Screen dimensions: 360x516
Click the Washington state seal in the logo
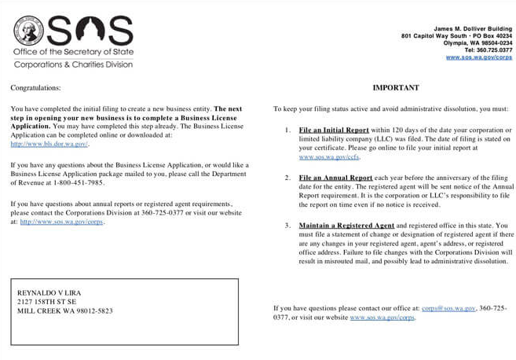coord(28,31)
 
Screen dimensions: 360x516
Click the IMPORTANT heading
coord(396,88)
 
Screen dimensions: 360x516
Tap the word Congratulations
coord(35,88)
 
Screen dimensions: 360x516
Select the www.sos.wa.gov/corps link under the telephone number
coord(479,57)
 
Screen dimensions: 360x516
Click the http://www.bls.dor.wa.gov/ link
coord(49,144)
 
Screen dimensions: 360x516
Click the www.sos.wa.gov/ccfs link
coord(325,157)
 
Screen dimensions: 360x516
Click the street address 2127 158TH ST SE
coord(47,301)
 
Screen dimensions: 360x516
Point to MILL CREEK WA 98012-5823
coord(64,310)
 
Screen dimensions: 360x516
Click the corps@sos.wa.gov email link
coord(448,308)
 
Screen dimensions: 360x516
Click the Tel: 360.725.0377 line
coord(488,50)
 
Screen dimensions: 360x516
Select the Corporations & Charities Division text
coord(73,64)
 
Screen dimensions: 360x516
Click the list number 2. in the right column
coord(287,178)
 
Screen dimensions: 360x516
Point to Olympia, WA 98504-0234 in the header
coord(478,43)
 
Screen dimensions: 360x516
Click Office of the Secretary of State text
coord(73,52)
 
